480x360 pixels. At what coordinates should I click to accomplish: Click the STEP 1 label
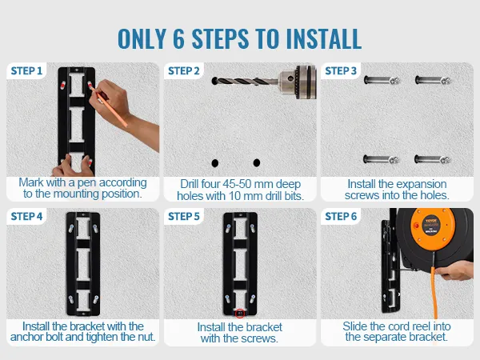click(26, 71)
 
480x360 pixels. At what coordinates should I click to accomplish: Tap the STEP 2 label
click(184, 71)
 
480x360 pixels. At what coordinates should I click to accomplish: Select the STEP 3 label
click(341, 71)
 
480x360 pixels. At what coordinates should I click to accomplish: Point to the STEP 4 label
click(26, 217)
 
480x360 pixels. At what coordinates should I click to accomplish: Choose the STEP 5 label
click(184, 217)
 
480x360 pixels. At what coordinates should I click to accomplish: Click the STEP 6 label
click(341, 217)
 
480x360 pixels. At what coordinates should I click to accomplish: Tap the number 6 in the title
click(178, 39)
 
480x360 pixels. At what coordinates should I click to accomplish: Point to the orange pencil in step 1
click(108, 105)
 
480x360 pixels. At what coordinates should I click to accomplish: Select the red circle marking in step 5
click(240, 313)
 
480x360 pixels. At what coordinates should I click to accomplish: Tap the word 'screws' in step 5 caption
click(250, 338)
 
